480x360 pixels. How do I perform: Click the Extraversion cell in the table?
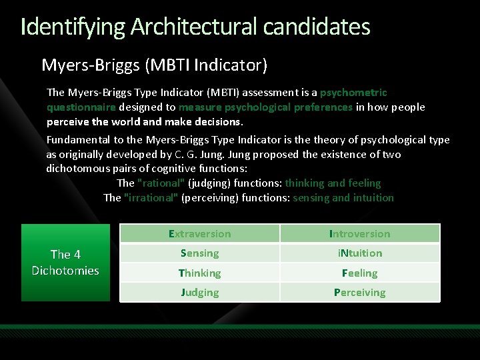199,234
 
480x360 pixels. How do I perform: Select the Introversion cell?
359,234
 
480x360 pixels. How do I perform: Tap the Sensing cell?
199,253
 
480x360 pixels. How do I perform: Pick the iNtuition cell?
359,253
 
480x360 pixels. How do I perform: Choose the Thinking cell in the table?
199,273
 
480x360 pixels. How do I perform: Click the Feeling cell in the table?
359,273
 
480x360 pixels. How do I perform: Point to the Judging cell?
199,292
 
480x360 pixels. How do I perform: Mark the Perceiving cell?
359,292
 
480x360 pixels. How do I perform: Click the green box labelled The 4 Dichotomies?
65,263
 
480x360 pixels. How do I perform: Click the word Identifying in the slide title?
73,27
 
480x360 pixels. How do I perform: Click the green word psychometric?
353,92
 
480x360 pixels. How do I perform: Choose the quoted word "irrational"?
151,197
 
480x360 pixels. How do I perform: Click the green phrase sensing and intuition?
343,197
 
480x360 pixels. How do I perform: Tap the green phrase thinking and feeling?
333,183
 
